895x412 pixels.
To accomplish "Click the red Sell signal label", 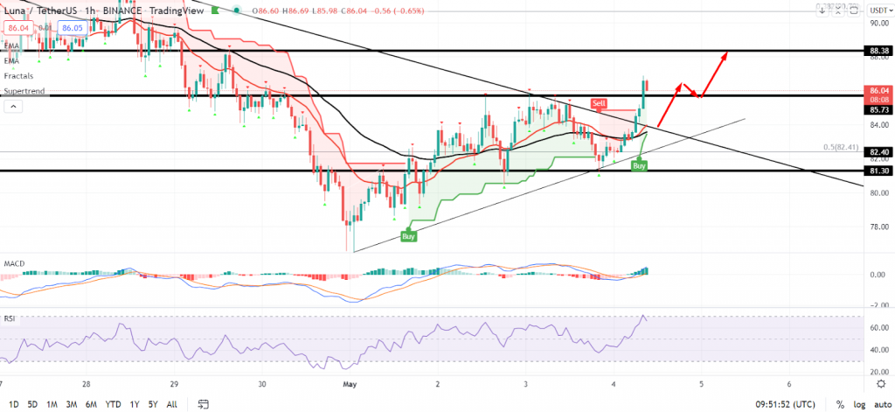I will tap(599, 103).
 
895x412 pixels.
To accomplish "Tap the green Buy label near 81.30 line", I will tap(640, 164).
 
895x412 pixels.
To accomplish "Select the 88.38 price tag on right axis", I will tap(880, 51).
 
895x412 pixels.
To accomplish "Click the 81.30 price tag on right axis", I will tap(880, 171).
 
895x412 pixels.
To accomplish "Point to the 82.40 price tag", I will tap(880, 151).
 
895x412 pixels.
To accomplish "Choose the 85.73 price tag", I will tap(880, 110).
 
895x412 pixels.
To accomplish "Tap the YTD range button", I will tap(112, 404).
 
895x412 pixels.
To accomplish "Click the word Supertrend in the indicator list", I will tap(24, 91).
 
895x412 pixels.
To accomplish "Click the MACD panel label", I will tap(13, 262).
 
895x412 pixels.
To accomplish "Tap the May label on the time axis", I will tap(350, 383).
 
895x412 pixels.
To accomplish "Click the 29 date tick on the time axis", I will tap(174, 383).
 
